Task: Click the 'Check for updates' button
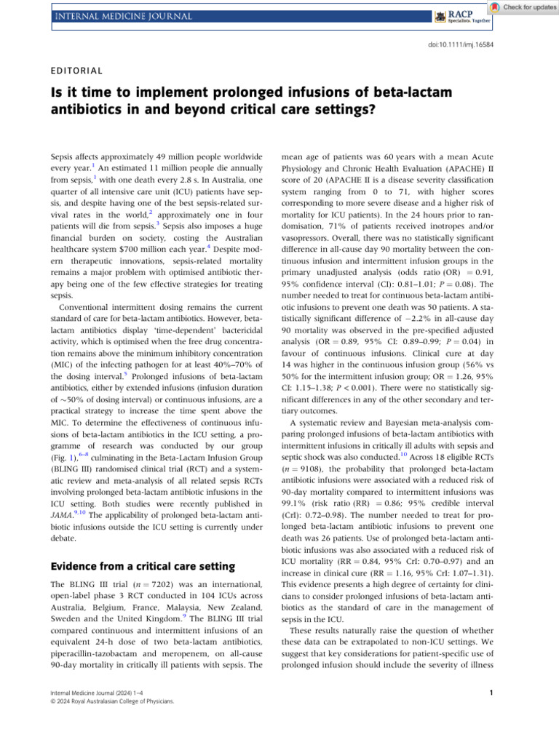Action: pyautogui.click(x=523, y=7)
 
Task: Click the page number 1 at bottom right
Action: pyautogui.click(x=492, y=693)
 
